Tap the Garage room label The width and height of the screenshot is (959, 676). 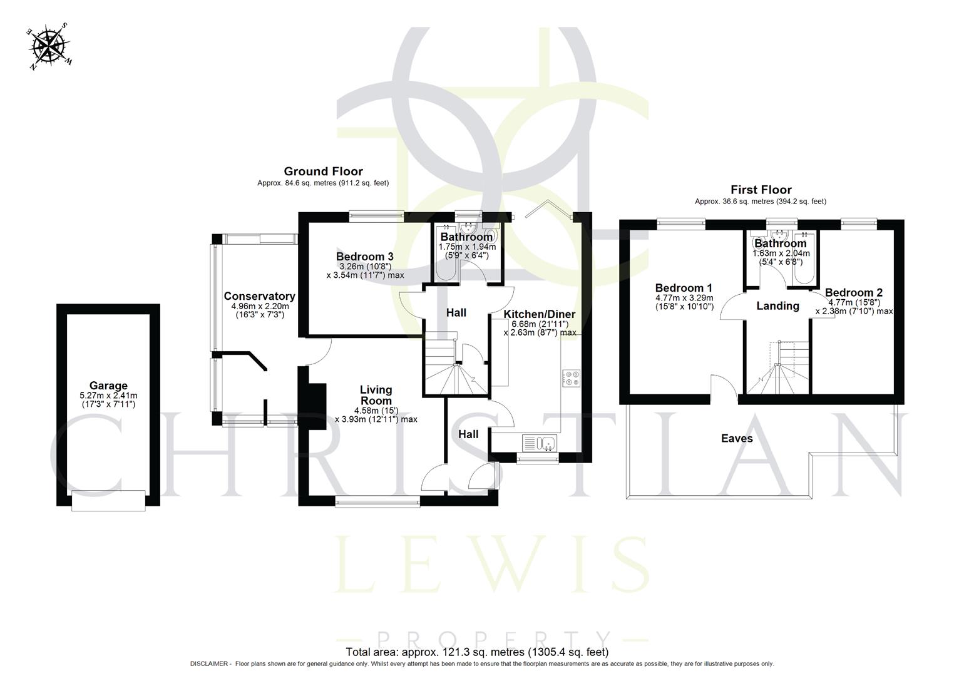[108, 386]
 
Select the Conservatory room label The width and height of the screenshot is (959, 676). [259, 296]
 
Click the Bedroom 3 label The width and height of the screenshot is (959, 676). [364, 257]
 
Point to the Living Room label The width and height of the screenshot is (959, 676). [376, 396]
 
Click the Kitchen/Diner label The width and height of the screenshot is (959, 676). [540, 314]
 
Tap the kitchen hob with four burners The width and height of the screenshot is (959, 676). [572, 377]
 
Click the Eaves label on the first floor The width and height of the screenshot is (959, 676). [737, 438]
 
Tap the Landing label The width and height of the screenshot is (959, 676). [777, 305]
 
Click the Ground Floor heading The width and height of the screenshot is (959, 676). [323, 171]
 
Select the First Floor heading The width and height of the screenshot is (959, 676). [761, 189]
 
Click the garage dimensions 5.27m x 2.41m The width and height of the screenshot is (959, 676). [108, 396]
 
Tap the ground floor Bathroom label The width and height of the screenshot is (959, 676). [466, 237]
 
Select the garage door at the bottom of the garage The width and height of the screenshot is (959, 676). [108, 500]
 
